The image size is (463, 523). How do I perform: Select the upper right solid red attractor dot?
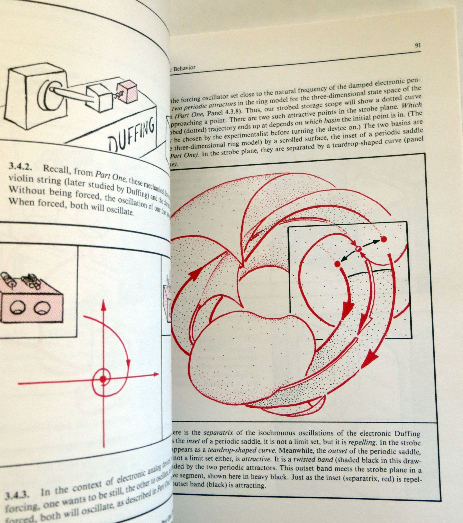383,239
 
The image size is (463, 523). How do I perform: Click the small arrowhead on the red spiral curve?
128,362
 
